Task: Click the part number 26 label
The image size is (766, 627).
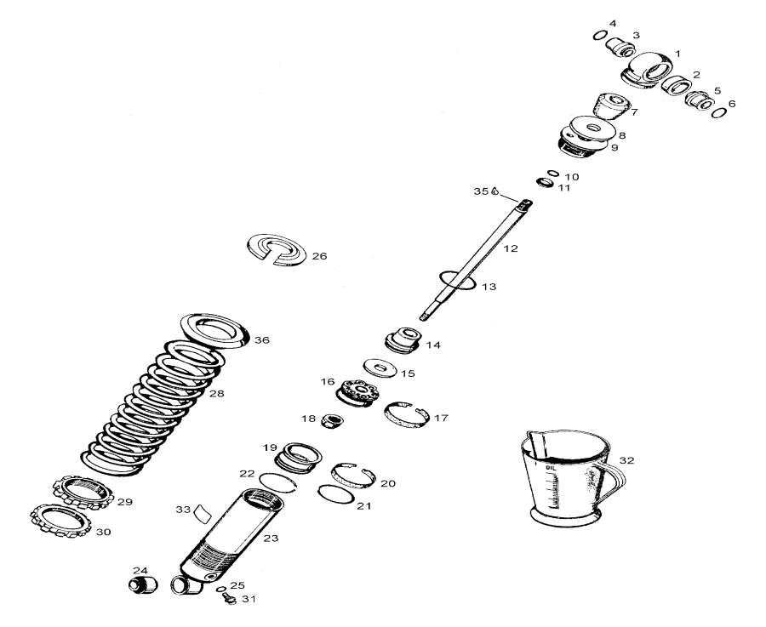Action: click(x=319, y=256)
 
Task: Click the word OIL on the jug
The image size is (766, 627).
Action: click(x=551, y=465)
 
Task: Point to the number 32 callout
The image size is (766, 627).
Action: click(x=627, y=460)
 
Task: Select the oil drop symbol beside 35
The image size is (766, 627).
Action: click(x=494, y=192)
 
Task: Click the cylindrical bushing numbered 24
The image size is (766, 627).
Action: click(x=142, y=585)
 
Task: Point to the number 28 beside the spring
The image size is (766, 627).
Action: click(x=217, y=394)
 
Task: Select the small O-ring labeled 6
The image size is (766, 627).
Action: click(x=719, y=111)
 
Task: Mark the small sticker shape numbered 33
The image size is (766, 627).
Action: click(x=203, y=513)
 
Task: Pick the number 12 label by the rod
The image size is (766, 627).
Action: click(x=510, y=248)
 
